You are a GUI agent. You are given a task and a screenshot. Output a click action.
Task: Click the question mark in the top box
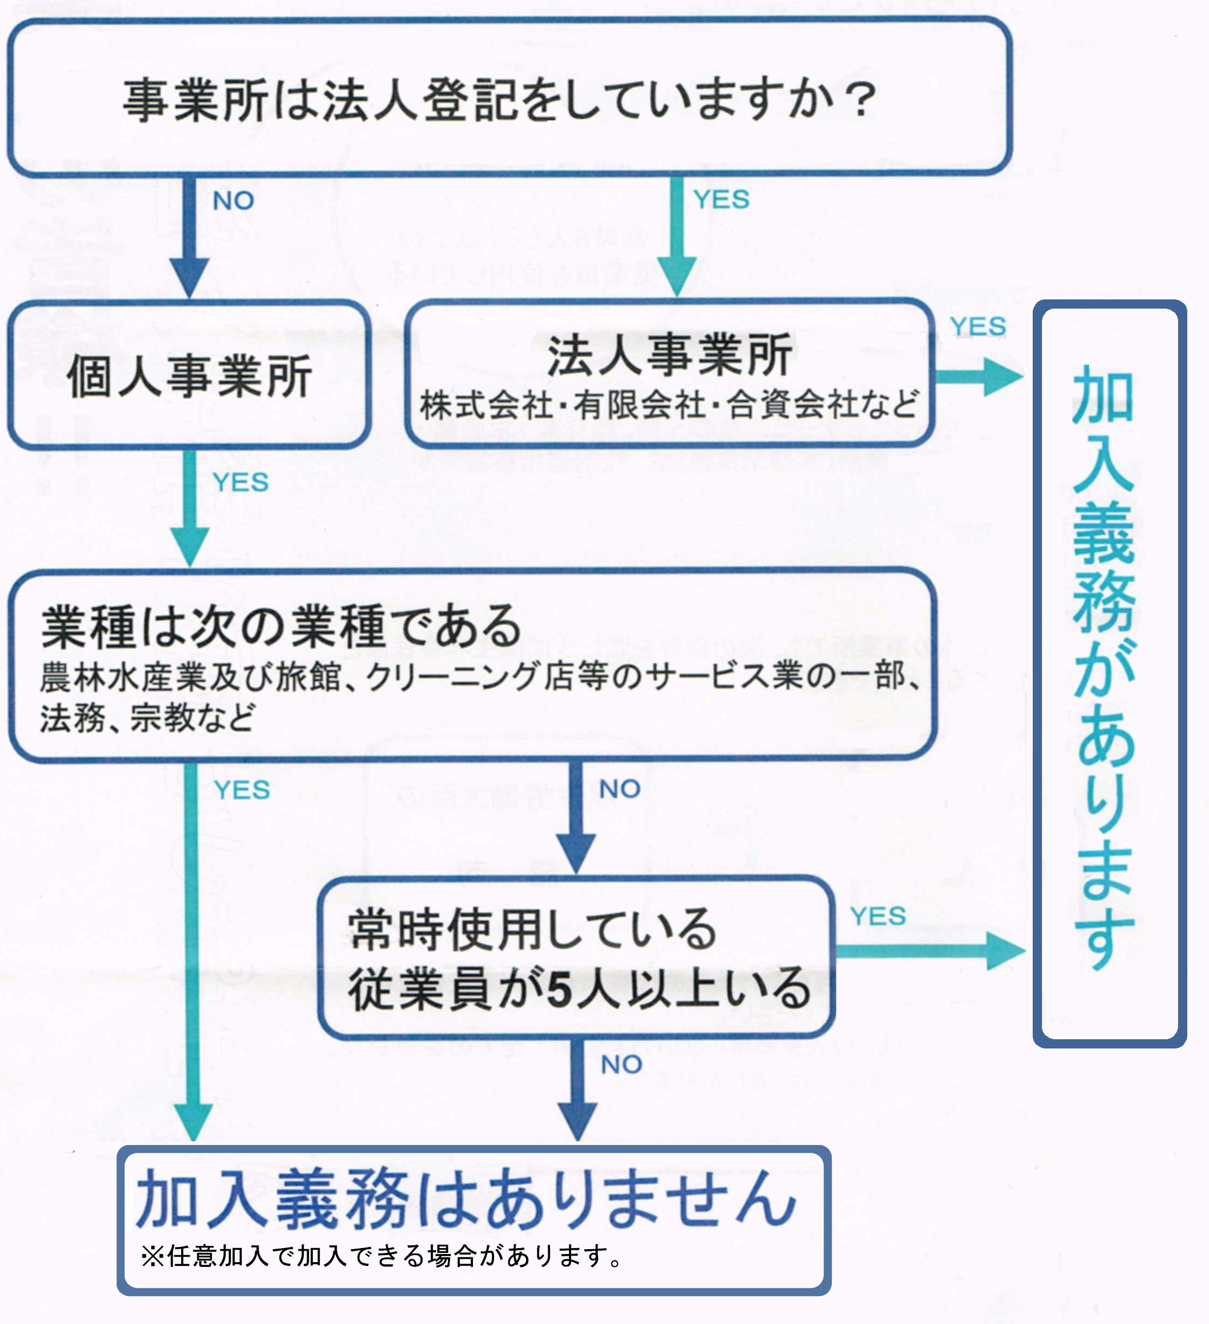coord(860,100)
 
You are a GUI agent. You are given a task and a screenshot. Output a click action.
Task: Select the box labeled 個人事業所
coord(189,376)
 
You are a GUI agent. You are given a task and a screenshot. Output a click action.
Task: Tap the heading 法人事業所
coord(669,356)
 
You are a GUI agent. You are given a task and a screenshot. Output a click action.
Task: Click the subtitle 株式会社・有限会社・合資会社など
coord(669,405)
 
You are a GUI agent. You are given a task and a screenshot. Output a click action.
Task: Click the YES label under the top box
coord(721,200)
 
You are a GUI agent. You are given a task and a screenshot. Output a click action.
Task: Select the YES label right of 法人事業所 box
coord(978,327)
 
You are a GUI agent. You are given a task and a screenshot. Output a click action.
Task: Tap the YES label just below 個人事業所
coord(240,483)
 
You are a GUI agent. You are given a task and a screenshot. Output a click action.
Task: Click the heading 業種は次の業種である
coord(281,626)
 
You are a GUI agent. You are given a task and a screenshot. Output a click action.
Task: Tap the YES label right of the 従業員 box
coord(878,916)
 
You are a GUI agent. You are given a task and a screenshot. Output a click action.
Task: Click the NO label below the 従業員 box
coord(621,1065)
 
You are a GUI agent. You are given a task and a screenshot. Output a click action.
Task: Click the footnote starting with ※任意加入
coord(381,1256)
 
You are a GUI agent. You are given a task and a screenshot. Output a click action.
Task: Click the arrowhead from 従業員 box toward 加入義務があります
coord(1005,950)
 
